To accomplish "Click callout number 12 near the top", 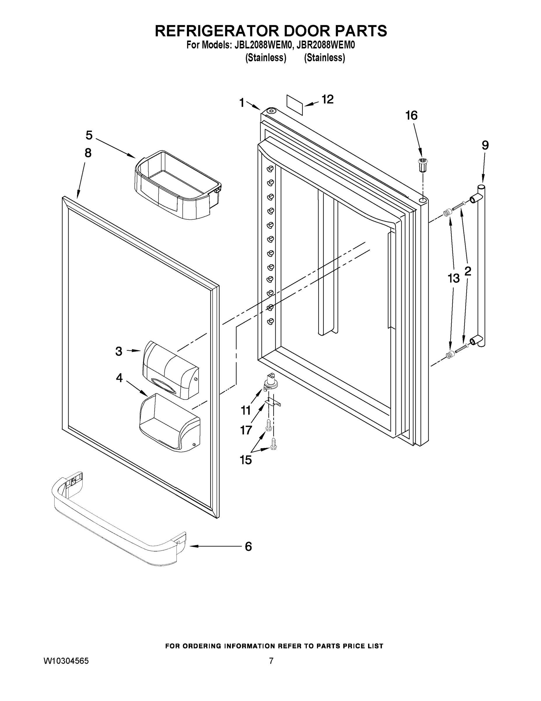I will (x=328, y=100).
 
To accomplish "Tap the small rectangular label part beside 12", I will (x=295, y=105).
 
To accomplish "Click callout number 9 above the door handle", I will (x=485, y=146).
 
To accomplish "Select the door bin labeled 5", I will (x=177, y=185).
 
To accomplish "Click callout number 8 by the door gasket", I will (x=88, y=153).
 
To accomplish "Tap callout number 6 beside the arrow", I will (x=248, y=546).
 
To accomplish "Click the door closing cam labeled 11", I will (x=270, y=382).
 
